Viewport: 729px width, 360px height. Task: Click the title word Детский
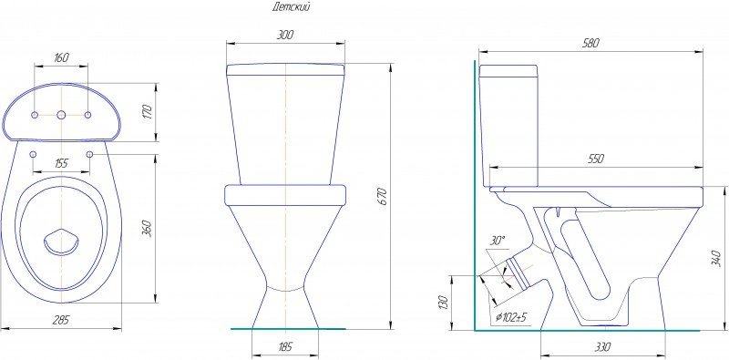pos(291,7)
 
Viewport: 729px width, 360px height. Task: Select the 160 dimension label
pos(61,57)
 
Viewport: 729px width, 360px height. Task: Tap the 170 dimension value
pos(148,112)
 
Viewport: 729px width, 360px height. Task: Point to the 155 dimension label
pos(61,163)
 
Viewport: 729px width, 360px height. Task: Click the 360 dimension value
pos(148,229)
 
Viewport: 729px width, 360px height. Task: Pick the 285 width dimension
pos(61,320)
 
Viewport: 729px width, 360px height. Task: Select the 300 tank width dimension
pos(285,35)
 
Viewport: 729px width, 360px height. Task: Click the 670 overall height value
pos(384,196)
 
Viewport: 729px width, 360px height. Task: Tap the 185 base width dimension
pos(285,347)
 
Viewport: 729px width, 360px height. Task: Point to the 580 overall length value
pos(590,43)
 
